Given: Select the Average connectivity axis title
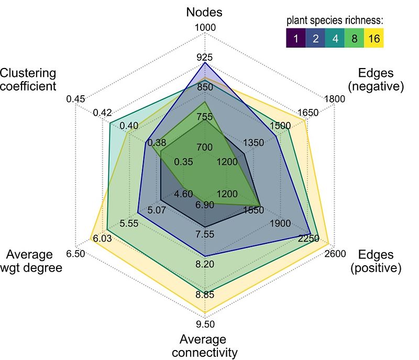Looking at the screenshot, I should [x=205, y=346].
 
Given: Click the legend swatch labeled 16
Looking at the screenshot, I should [x=374, y=38].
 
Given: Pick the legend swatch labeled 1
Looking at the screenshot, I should [x=295, y=38].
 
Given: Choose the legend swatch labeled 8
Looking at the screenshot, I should [x=355, y=38].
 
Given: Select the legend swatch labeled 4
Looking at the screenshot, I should [x=335, y=38].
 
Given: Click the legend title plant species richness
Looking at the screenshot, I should [x=335, y=21].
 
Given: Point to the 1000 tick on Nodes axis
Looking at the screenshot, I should [x=205, y=28].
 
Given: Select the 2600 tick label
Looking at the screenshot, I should [x=335, y=254].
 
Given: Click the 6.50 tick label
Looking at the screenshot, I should [x=76, y=254].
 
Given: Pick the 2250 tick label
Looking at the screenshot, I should [x=308, y=239].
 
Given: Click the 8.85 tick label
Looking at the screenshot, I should [x=205, y=295].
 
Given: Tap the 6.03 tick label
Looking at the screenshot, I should [x=102, y=239].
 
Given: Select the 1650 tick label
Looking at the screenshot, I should [x=308, y=112].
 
